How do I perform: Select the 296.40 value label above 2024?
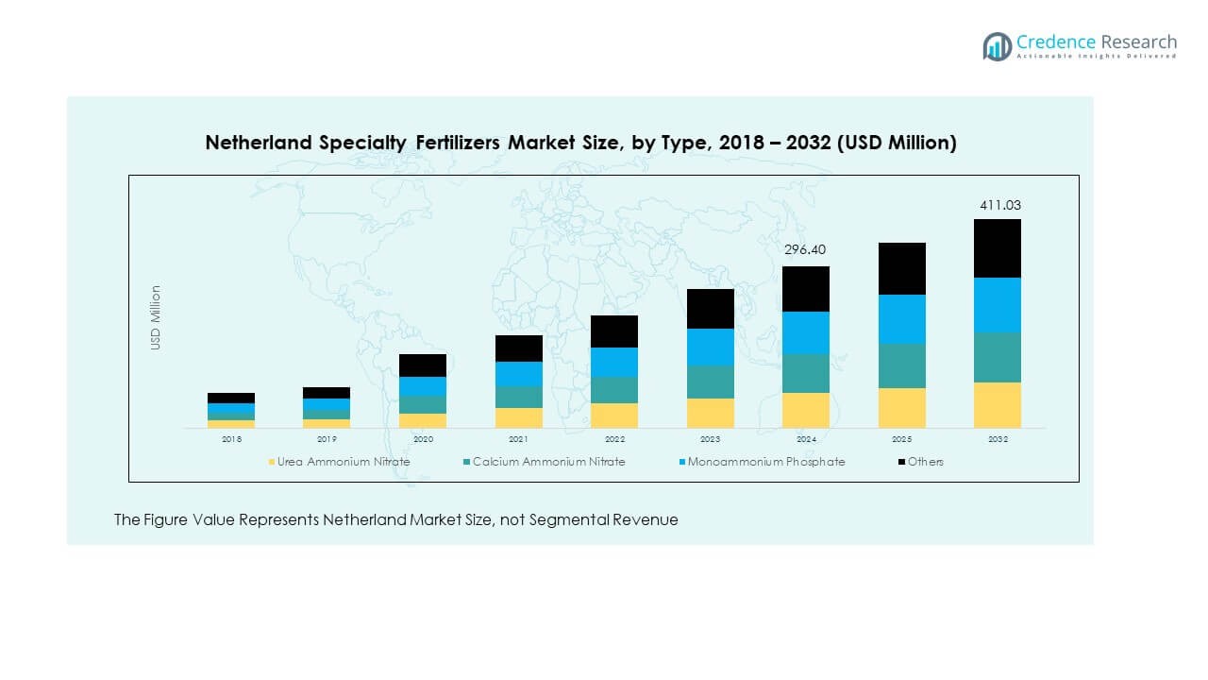tap(806, 250)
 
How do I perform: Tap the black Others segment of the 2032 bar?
tap(998, 247)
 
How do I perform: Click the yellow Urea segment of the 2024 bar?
tap(806, 410)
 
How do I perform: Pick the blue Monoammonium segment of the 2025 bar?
tap(902, 318)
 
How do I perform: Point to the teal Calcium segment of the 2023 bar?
tap(711, 382)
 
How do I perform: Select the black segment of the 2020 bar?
tap(423, 365)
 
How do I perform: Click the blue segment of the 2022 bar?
tap(614, 362)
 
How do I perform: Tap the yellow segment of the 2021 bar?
tap(519, 417)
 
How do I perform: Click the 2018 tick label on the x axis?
tap(231, 439)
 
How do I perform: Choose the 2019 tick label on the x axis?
tap(327, 439)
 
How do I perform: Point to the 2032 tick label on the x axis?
tap(998, 439)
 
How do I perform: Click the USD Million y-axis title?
tap(156, 317)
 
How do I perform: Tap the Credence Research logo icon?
tap(997, 46)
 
